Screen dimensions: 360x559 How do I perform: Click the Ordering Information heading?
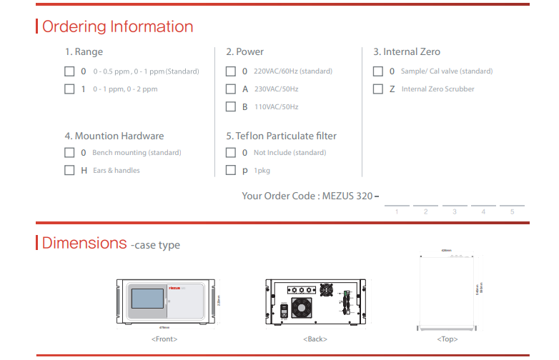click(118, 27)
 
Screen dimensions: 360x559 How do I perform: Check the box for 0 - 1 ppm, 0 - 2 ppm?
click(69, 89)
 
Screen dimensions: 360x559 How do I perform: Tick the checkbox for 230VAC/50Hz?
click(231, 89)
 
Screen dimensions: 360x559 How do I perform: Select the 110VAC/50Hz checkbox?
click(231, 107)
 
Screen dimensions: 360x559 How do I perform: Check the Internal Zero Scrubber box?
click(378, 89)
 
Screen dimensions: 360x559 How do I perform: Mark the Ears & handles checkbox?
click(69, 171)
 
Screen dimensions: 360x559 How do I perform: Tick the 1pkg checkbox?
click(231, 171)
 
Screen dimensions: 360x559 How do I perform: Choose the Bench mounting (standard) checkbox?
click(69, 153)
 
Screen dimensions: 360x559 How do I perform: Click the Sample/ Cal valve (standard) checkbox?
click(378, 71)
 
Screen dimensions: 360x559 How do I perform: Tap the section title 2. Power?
click(245, 52)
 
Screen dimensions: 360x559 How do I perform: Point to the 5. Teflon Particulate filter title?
click(281, 136)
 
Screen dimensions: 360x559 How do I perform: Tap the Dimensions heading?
click(84, 243)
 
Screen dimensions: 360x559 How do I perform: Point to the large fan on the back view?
click(300, 308)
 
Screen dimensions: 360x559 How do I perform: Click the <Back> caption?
click(315, 339)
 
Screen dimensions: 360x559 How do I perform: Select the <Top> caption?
click(447, 339)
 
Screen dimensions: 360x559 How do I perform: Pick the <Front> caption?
click(164, 339)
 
